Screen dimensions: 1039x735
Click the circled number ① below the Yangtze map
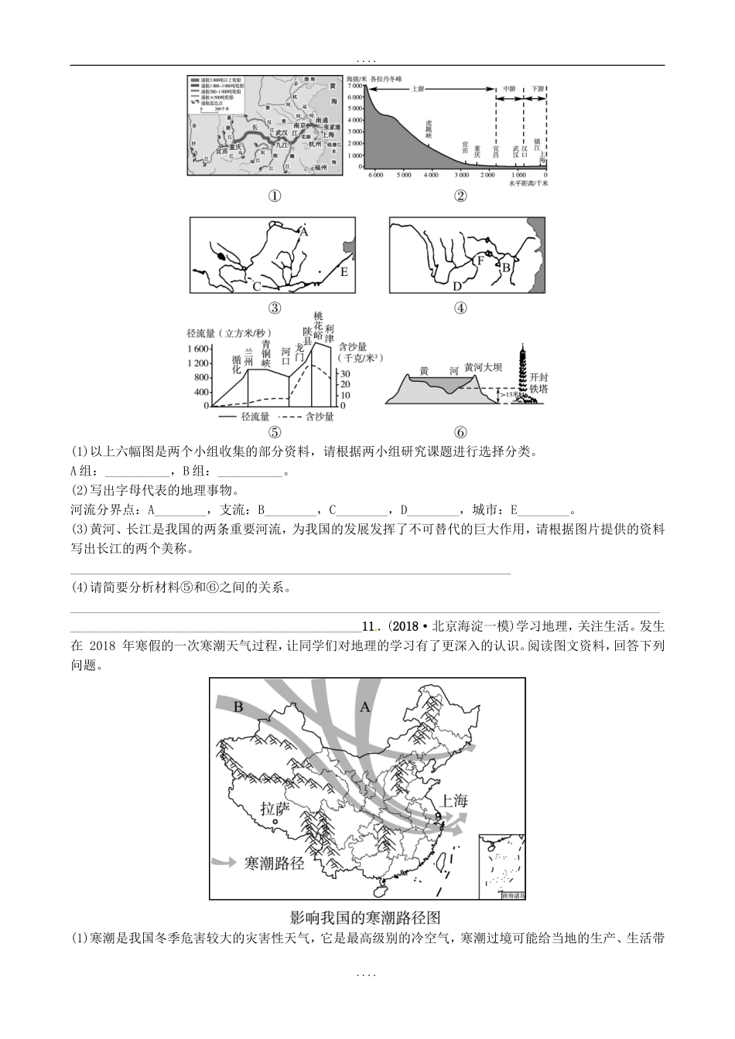(274, 196)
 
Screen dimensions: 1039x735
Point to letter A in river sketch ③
(304, 231)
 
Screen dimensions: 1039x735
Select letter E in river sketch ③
(344, 272)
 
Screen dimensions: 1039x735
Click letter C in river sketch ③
(255, 287)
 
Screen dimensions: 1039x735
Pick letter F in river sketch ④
(480, 261)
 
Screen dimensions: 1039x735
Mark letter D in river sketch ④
(457, 286)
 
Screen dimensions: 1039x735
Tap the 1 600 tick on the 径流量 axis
(198, 349)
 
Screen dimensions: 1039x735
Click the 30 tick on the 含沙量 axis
(346, 373)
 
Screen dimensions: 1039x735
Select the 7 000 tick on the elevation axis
(354, 87)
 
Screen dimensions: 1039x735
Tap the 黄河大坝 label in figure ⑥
(485, 366)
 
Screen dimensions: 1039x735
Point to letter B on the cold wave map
(238, 707)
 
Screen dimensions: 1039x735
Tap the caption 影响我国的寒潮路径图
(365, 918)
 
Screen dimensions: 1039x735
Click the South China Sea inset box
(502, 867)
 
